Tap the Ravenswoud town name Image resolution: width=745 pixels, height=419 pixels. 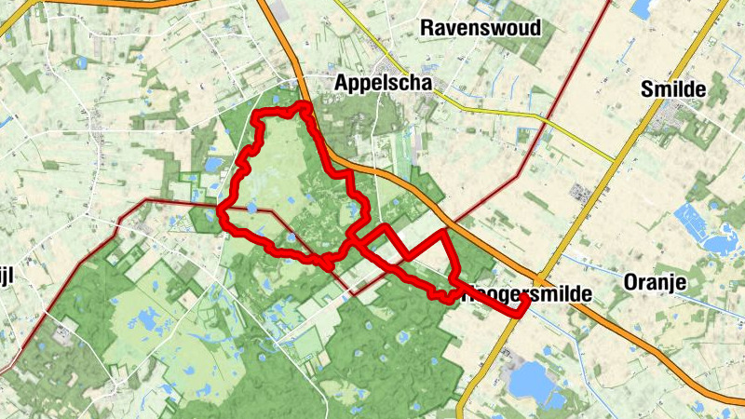coord(481,28)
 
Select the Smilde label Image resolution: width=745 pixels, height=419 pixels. coord(670,89)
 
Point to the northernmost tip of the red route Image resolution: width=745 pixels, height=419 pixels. coord(303,107)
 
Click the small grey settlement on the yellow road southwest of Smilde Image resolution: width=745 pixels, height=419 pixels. coord(583,194)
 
